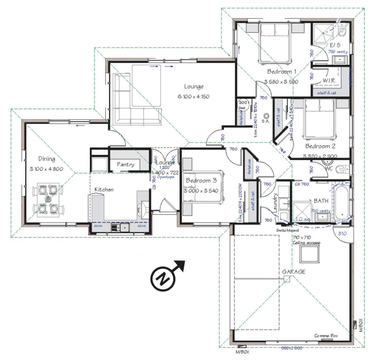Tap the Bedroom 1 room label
(282, 72)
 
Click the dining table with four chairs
(48, 199)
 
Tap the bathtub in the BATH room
(341, 204)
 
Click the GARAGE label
(294, 272)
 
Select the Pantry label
(125, 165)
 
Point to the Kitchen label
(104, 190)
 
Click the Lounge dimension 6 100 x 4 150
(194, 96)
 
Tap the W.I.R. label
(329, 81)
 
